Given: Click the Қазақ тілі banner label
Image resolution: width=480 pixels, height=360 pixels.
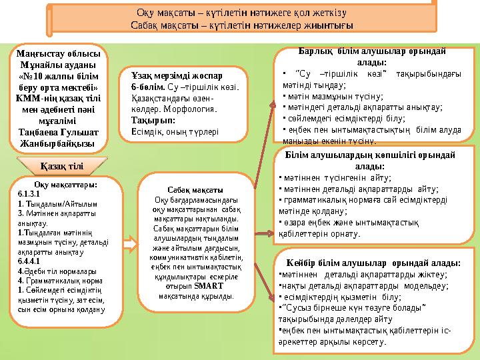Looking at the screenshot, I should tap(61, 165).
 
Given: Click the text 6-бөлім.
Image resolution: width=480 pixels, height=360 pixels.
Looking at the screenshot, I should tap(145, 88).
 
